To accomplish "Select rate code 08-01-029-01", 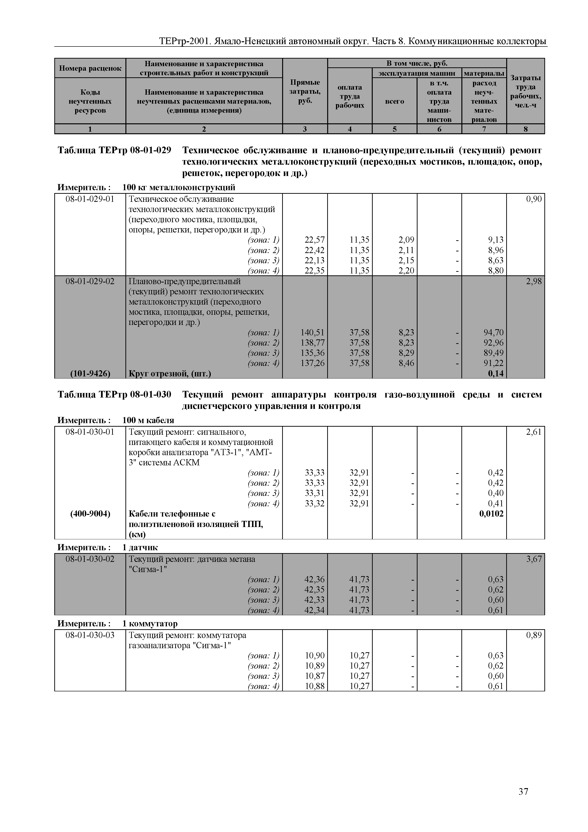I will (x=90, y=199).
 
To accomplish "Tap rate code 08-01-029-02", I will (x=90, y=281).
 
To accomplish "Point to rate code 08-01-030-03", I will (x=90, y=635).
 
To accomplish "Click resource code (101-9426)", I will (x=90, y=373).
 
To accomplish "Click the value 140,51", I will (x=312, y=332).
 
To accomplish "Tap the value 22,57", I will (x=314, y=240).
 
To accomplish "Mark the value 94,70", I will (x=493, y=332).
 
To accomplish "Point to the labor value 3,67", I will (x=534, y=559).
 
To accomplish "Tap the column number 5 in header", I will (x=394, y=129).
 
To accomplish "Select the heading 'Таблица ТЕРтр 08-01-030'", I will (x=115, y=394).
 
